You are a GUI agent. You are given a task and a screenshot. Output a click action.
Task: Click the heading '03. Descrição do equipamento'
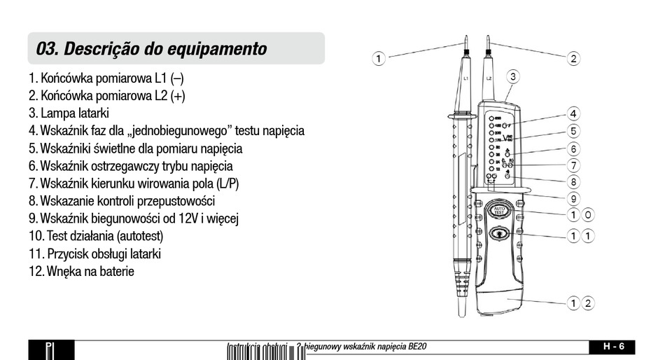[x=152, y=49]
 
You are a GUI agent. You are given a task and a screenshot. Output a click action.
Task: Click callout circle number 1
[x=378, y=58]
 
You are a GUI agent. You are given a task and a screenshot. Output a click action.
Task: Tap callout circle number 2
[x=573, y=58]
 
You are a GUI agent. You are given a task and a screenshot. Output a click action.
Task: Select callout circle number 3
[x=512, y=76]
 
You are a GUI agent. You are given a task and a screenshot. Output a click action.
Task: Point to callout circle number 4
[x=573, y=113]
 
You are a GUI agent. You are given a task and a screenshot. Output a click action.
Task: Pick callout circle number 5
[x=573, y=131]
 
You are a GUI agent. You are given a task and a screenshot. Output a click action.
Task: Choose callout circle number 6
[x=573, y=148]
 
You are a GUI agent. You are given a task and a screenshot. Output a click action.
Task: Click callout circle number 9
[x=573, y=198]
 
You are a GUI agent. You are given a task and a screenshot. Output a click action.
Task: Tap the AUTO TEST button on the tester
[x=500, y=210]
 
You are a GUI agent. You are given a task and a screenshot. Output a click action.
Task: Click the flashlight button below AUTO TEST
[x=500, y=234]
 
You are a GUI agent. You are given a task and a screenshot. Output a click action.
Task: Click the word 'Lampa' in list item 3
[x=58, y=113]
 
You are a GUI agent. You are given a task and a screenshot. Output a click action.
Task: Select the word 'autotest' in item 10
[x=143, y=236]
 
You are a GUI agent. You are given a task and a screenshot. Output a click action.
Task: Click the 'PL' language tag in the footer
[x=50, y=348]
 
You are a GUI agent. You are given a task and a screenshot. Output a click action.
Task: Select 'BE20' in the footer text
[x=417, y=346]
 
